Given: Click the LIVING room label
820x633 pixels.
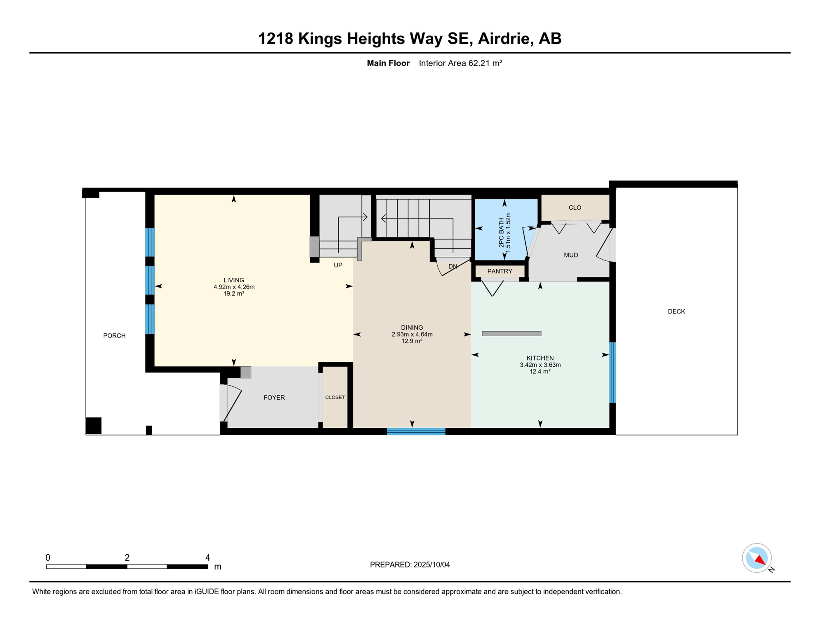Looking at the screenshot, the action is pos(234,280).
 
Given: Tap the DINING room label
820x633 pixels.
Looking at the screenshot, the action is pos(412,328).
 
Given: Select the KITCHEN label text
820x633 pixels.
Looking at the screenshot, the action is pos(540,358).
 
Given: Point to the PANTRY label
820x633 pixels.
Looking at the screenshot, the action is pos(500,271).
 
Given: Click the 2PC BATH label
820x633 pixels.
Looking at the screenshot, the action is pos(501,232).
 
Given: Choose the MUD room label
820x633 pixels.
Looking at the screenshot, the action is pos(571,255).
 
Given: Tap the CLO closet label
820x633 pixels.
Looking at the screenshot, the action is pos(575,208).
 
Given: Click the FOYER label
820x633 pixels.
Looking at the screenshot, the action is pos(274,398).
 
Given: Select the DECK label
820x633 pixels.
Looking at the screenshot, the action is pos(676,312).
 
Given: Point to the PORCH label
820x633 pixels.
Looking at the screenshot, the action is pos(114,336).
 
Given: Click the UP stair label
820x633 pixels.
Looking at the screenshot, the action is pos(338,265).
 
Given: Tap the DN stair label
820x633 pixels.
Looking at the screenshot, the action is pos(452,267).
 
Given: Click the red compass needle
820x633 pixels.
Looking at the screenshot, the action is pos(760,560).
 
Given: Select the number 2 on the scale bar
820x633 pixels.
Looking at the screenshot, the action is pos(127,558).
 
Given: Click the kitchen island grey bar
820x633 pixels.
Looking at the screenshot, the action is pos(511,334).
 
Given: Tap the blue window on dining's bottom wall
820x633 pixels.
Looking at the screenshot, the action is pos(416,431).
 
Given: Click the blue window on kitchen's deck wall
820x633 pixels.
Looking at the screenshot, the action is pos(613,373).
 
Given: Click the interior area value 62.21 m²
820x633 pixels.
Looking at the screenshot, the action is pos(485,63).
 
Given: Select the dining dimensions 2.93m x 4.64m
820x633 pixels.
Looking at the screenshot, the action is pos(412,334).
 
